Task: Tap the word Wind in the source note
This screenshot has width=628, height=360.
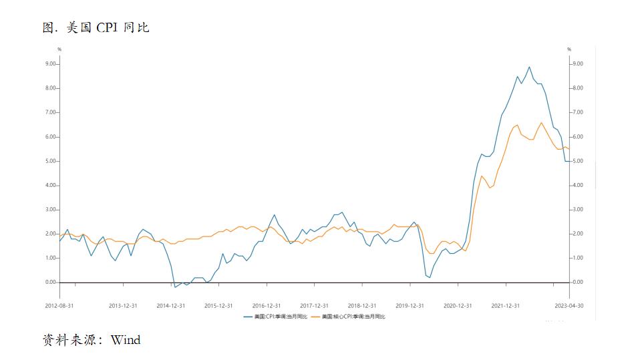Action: point(126,340)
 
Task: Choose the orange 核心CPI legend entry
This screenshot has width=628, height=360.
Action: point(353,316)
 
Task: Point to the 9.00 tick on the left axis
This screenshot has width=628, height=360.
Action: point(50,64)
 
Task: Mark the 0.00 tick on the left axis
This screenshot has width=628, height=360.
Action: point(50,283)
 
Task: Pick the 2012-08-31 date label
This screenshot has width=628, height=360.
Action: point(59,305)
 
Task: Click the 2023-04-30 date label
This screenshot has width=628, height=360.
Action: point(569,305)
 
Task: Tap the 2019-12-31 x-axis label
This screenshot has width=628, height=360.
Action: point(410,305)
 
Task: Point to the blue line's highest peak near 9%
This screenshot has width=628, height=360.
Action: point(529,67)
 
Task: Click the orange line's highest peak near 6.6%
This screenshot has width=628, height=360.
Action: point(541,122)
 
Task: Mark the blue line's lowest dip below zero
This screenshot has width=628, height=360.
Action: point(174,287)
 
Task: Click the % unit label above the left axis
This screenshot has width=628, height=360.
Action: point(59,49)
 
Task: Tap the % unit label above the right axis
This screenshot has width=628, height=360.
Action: point(569,49)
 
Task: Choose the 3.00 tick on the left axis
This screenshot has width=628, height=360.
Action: point(50,210)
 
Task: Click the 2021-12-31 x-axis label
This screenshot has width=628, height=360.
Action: point(506,305)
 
